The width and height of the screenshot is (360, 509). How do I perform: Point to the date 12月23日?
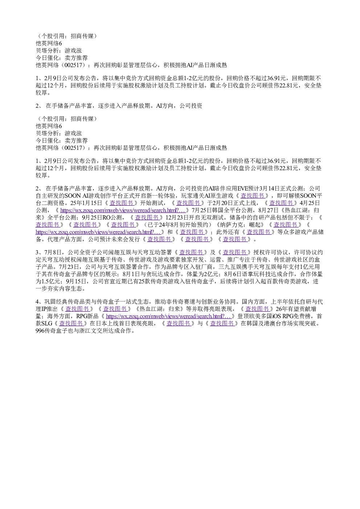[x=177, y=218]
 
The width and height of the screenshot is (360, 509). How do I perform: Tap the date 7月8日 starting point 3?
[x=53, y=253]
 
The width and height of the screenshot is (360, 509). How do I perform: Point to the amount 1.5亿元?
[x=48, y=282]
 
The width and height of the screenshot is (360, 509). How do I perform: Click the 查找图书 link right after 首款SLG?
[x=71, y=324]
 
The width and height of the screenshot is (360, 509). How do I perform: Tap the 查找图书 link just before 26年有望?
[x=257, y=309]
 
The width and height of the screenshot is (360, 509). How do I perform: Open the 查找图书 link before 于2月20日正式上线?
[x=188, y=203]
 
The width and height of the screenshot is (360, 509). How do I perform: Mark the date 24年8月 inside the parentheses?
[x=168, y=225]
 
